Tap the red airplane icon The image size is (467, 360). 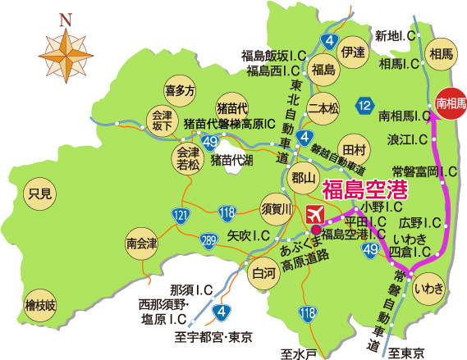pos(314,215)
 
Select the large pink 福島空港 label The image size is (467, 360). pos(365,190)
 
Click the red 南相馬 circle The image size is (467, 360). pos(451,103)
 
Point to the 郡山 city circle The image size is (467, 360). pos(303,175)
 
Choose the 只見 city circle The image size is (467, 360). pos(39,194)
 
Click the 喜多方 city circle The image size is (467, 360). pos(180,90)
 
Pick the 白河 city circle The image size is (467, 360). pos(264,273)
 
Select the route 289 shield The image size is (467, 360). pos(209,240)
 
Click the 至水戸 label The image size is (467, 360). pos(297,353)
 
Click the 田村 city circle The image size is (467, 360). pos(353,150)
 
